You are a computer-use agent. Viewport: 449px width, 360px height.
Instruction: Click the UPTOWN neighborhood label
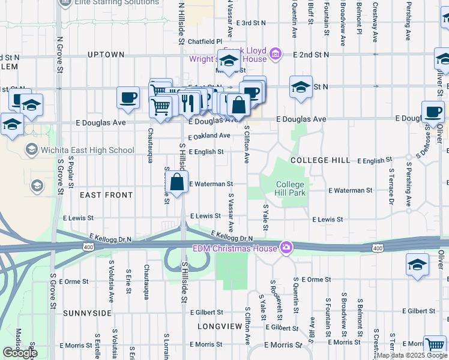click(x=106, y=55)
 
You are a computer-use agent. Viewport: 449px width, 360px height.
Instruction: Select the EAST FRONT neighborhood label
click(x=106, y=195)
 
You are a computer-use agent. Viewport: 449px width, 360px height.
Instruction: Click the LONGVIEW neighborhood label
click(x=220, y=326)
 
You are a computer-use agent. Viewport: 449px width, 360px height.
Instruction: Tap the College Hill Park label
click(x=291, y=188)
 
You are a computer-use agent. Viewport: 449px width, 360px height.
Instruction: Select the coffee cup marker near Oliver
click(x=432, y=112)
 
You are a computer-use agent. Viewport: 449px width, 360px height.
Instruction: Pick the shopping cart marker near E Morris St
click(x=435, y=346)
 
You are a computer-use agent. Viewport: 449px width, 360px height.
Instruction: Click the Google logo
click(x=20, y=353)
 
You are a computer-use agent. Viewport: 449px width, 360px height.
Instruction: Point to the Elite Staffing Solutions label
click(x=116, y=2)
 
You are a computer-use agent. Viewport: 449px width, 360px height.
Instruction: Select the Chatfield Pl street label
click(x=205, y=41)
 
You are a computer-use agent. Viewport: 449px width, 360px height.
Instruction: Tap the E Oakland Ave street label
click(x=209, y=136)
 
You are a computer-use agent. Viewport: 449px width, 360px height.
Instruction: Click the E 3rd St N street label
click(x=251, y=23)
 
